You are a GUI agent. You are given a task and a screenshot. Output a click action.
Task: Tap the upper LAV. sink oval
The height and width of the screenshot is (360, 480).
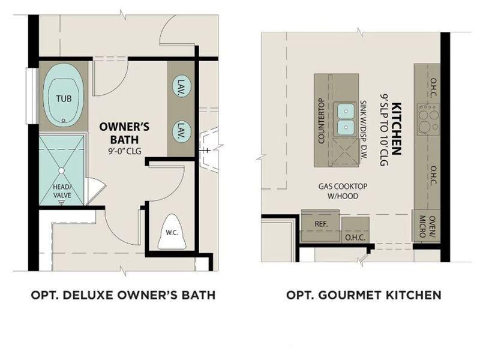(x=179, y=88)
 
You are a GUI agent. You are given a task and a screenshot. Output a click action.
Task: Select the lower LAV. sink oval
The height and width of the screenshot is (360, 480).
(x=179, y=130)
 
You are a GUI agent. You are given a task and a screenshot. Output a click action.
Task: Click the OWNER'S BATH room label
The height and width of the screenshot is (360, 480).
(x=124, y=132)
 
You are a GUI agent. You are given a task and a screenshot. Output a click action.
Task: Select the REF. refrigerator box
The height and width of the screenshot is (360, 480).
(x=320, y=223)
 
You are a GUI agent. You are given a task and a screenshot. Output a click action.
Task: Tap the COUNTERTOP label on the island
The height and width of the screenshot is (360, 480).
(x=321, y=121)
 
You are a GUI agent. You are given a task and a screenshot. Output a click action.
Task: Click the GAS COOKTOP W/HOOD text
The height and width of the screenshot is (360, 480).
(x=343, y=190)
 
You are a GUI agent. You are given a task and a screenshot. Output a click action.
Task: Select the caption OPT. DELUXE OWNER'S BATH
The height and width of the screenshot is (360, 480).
(x=122, y=295)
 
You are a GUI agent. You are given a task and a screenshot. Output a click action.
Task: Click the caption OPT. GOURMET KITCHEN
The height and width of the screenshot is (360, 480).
(x=364, y=295)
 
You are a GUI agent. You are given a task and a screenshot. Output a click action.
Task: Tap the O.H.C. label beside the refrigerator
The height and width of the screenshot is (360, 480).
(x=352, y=238)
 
